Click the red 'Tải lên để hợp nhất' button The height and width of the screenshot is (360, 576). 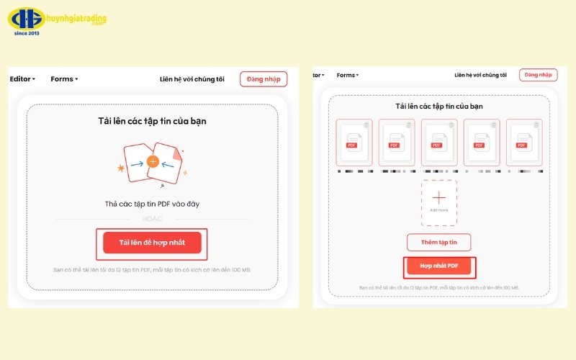tap(152, 243)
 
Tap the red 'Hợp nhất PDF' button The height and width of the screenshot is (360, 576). tap(438, 267)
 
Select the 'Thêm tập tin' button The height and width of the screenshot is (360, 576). tap(438, 242)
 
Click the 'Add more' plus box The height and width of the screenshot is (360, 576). tap(439, 202)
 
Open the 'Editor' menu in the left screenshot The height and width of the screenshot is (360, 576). tap(22, 79)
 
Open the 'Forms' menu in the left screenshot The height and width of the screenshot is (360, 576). tap(64, 79)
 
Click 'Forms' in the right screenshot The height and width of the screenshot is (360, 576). tap(347, 75)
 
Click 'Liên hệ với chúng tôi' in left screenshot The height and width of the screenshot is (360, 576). tap(192, 79)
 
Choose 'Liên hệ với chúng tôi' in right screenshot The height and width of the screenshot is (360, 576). tap(480, 75)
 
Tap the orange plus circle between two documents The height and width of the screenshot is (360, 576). tap(153, 161)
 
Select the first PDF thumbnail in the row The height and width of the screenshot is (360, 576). tap(354, 143)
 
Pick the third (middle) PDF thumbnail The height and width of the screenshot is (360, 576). tap(439, 143)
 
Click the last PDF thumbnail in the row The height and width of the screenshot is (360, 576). tap(523, 143)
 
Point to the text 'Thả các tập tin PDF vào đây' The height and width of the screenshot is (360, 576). tap(152, 204)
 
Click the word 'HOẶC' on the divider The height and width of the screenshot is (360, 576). tap(152, 219)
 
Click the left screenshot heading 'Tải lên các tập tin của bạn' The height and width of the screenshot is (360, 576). tap(152, 121)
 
